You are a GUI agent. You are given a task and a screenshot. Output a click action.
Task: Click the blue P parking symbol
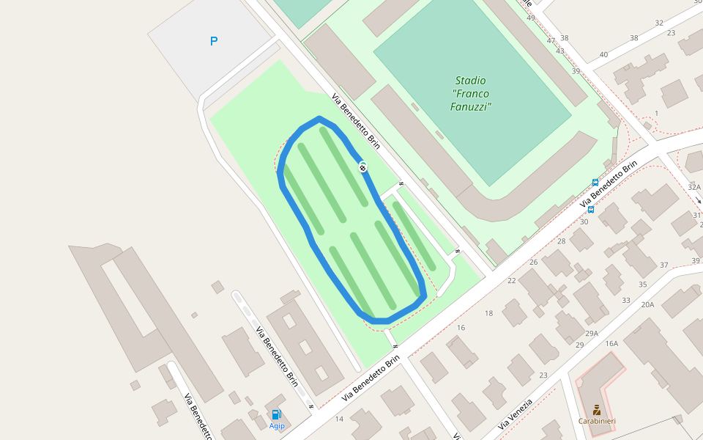pyautogui.click(x=214, y=41)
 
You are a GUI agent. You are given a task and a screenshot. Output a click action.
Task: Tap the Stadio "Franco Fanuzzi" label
pyautogui.click(x=470, y=93)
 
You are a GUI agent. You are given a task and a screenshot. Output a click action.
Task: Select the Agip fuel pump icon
pyautogui.click(x=276, y=415)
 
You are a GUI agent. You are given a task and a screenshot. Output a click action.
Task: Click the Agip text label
pyautogui.click(x=277, y=425)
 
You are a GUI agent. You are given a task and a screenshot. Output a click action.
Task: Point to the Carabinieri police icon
pyautogui.click(x=597, y=409)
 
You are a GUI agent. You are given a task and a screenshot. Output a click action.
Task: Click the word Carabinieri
pyautogui.click(x=597, y=421)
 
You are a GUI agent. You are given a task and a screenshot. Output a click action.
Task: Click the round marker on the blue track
pyautogui.click(x=362, y=168)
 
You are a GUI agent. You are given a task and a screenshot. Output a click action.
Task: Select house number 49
pyautogui.click(x=531, y=18)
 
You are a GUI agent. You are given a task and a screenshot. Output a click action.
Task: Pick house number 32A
pyautogui.click(x=694, y=187)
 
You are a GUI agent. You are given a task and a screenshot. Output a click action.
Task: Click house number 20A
pyautogui.click(x=647, y=304)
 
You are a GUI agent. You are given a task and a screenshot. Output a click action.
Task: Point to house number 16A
pyautogui.click(x=611, y=343)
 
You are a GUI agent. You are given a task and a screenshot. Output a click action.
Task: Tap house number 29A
pyautogui.click(x=592, y=333)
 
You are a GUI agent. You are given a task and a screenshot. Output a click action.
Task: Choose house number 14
pyautogui.click(x=339, y=419)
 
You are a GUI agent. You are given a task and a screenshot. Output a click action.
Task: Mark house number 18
pyautogui.click(x=489, y=313)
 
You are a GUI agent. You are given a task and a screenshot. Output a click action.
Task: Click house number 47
pyautogui.click(x=551, y=40)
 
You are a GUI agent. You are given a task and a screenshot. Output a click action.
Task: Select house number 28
pyautogui.click(x=562, y=241)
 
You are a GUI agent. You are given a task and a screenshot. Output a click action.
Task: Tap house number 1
pyautogui.click(x=657, y=113)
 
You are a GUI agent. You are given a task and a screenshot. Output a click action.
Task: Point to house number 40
pyautogui.click(x=603, y=54)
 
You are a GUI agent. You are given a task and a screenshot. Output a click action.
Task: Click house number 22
pyautogui.click(x=512, y=280)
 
